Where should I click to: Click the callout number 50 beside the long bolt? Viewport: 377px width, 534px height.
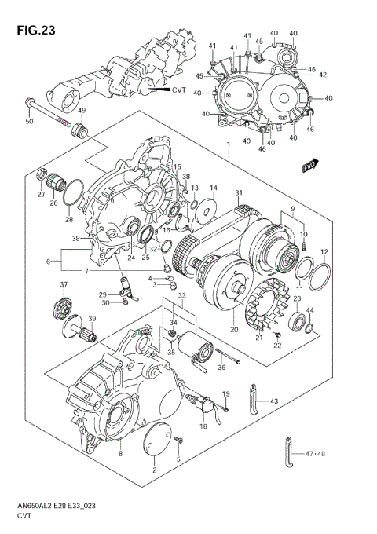click(29, 121)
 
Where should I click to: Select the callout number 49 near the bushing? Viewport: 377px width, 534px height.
click(79, 111)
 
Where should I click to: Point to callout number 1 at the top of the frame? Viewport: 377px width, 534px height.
click(226, 145)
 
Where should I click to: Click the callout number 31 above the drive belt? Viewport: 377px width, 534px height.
click(238, 193)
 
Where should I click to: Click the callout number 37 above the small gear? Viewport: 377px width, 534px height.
click(64, 284)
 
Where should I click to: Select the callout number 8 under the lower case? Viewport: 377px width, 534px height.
click(119, 454)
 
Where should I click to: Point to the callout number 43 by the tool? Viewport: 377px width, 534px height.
click(274, 401)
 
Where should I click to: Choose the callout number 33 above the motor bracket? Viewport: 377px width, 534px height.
click(181, 295)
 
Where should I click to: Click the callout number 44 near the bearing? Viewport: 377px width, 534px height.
click(309, 311)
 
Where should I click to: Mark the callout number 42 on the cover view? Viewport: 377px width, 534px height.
click(323, 75)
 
